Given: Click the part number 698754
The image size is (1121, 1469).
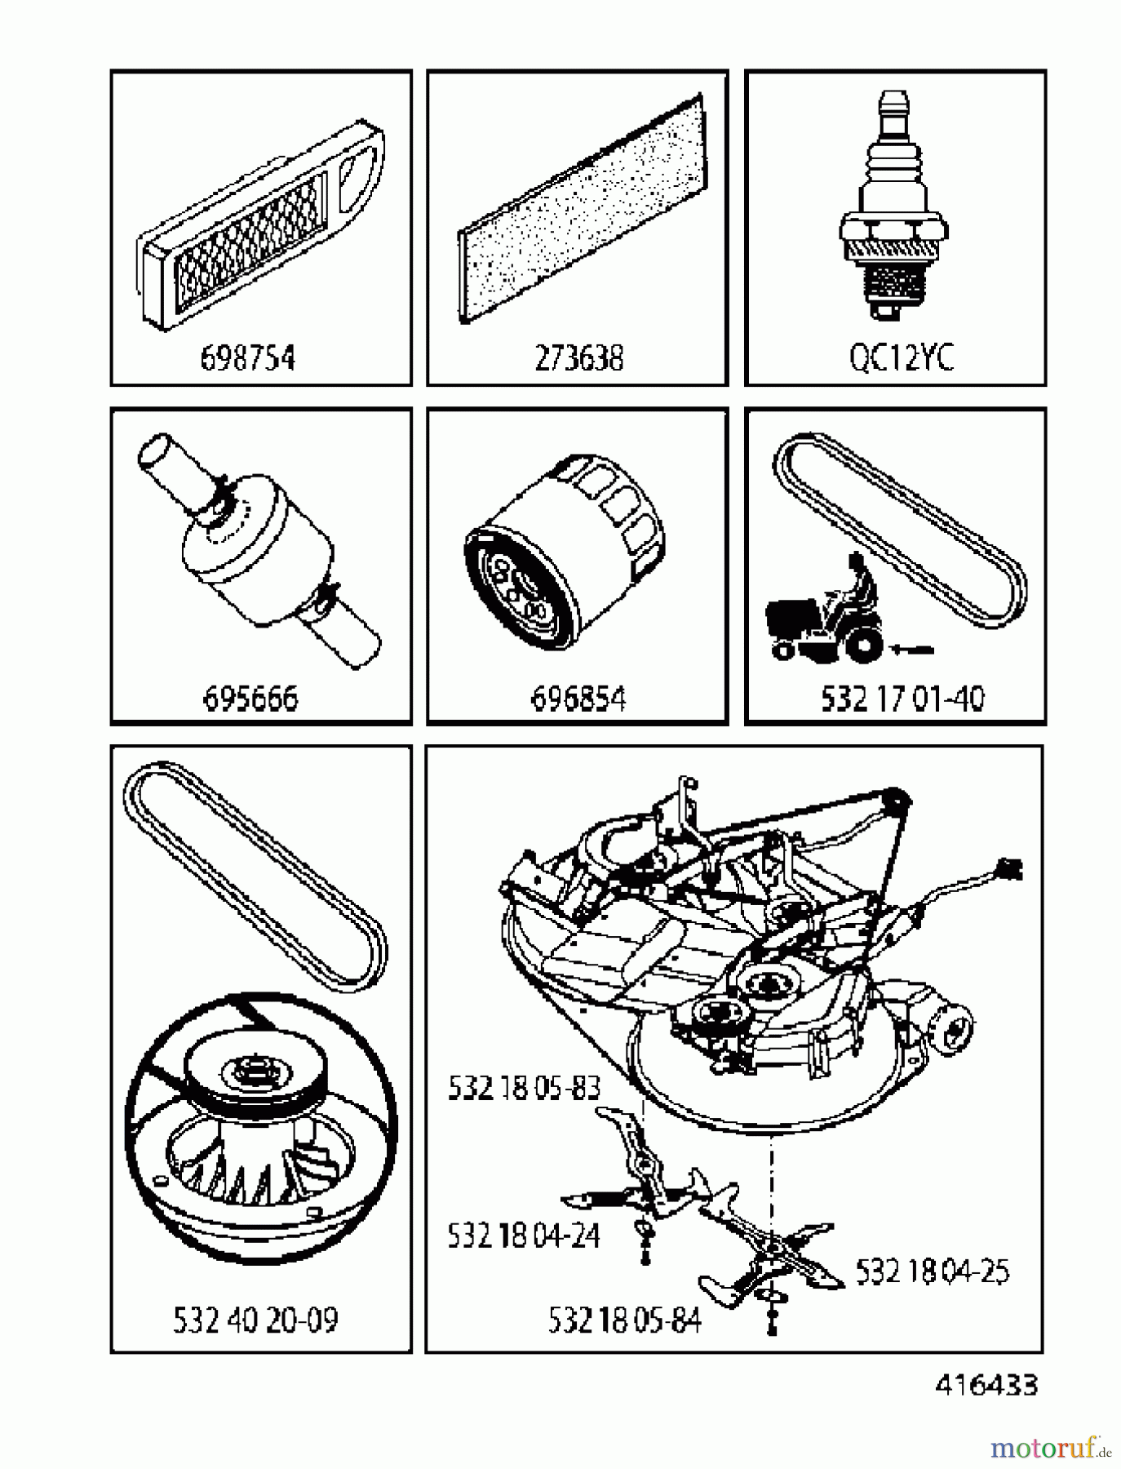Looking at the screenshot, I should pyautogui.click(x=247, y=358).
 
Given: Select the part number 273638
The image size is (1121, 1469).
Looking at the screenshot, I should pyautogui.click(x=578, y=358).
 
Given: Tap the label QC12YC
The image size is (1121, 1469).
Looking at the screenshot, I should pyautogui.click(x=901, y=358).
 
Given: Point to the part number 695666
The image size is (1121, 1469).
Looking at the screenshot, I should pyautogui.click(x=250, y=699).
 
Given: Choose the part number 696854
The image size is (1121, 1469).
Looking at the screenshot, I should pyautogui.click(x=578, y=699).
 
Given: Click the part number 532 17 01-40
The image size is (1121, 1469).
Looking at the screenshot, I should pyautogui.click(x=902, y=699).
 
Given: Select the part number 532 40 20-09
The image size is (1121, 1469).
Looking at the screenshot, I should pyautogui.click(x=255, y=1320).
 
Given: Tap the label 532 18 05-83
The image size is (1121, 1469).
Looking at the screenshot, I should pyautogui.click(x=524, y=1088).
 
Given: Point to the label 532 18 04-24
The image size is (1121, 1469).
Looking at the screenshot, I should pyautogui.click(x=523, y=1236).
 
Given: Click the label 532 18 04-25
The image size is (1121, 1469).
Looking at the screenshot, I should pyautogui.click(x=932, y=1271).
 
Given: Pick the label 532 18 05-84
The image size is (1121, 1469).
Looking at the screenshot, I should pyautogui.click(x=624, y=1320).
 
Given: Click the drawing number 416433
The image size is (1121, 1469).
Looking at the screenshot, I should pyautogui.click(x=986, y=1385).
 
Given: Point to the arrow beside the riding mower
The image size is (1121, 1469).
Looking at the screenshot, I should pyautogui.click(x=913, y=649).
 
